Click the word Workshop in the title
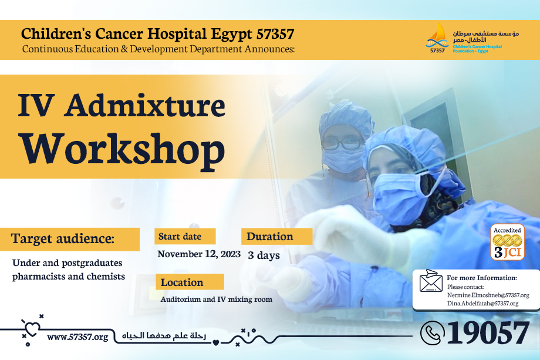[x=123, y=149]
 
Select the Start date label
[x=180, y=236]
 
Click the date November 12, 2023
[x=199, y=254]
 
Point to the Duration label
[x=269, y=236]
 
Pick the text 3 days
[x=264, y=255]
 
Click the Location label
[x=182, y=282]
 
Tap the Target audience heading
[x=63, y=238]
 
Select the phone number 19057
[x=488, y=332]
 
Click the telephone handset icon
[x=432, y=333]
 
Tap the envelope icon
[x=431, y=280]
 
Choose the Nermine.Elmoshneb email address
[x=488, y=295]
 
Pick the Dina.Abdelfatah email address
[x=482, y=304]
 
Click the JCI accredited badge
[x=507, y=242]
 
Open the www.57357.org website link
[x=77, y=337]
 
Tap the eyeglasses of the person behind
[x=342, y=143]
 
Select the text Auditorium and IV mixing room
[x=216, y=300]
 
